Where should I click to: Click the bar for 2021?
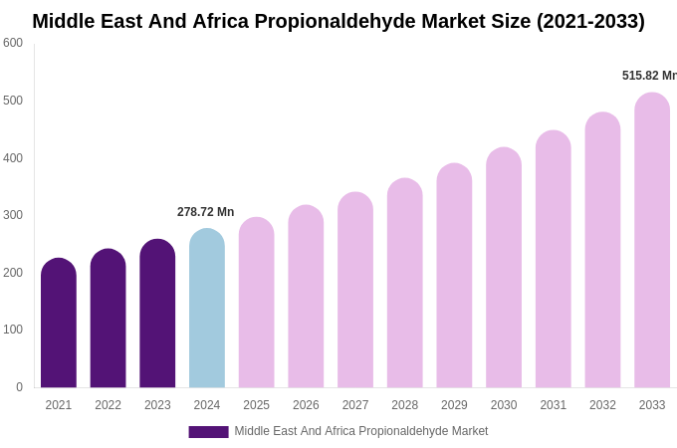coord(59,324)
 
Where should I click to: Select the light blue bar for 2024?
coord(207,309)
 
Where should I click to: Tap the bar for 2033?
coord(652,241)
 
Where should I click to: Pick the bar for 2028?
coord(405,284)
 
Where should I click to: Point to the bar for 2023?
coord(157,314)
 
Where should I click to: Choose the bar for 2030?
coord(504,269)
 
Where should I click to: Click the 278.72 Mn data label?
coord(205,212)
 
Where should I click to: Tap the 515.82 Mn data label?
coord(648,76)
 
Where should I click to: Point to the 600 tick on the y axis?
coord(13,43)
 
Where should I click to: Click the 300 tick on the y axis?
coord(13,215)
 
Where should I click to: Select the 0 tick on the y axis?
coord(19,387)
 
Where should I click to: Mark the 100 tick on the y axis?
coord(13,330)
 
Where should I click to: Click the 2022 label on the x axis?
coord(108,405)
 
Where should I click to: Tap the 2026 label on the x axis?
coord(306,405)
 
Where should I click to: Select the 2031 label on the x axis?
coord(553,405)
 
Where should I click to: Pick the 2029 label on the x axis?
coord(454,405)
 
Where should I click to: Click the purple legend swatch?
coord(208,432)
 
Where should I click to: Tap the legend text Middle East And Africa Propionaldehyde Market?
coord(360,431)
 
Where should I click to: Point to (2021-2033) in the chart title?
coord(590,21)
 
